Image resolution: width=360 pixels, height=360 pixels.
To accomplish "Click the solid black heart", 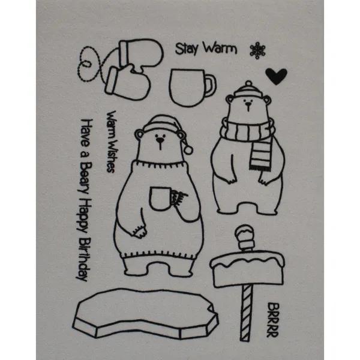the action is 276,76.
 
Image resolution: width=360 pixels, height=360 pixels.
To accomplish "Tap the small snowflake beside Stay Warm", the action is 257,50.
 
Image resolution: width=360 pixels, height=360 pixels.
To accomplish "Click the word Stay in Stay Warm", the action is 187,49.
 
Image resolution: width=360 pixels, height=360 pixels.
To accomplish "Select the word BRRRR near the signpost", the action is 273,320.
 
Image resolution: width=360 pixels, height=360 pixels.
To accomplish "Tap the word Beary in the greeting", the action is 84,178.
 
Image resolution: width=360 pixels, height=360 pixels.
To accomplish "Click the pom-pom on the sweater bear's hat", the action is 188,149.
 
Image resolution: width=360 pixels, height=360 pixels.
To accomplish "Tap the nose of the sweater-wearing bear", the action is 160,140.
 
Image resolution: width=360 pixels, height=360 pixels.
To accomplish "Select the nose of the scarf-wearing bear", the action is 248,104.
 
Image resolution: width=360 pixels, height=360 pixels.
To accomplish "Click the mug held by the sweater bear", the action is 160,199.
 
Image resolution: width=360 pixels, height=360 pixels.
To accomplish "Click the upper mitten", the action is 140,53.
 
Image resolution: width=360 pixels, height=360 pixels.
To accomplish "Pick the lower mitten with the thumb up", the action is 127,82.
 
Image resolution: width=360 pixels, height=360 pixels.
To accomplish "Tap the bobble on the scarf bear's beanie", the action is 248,83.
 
